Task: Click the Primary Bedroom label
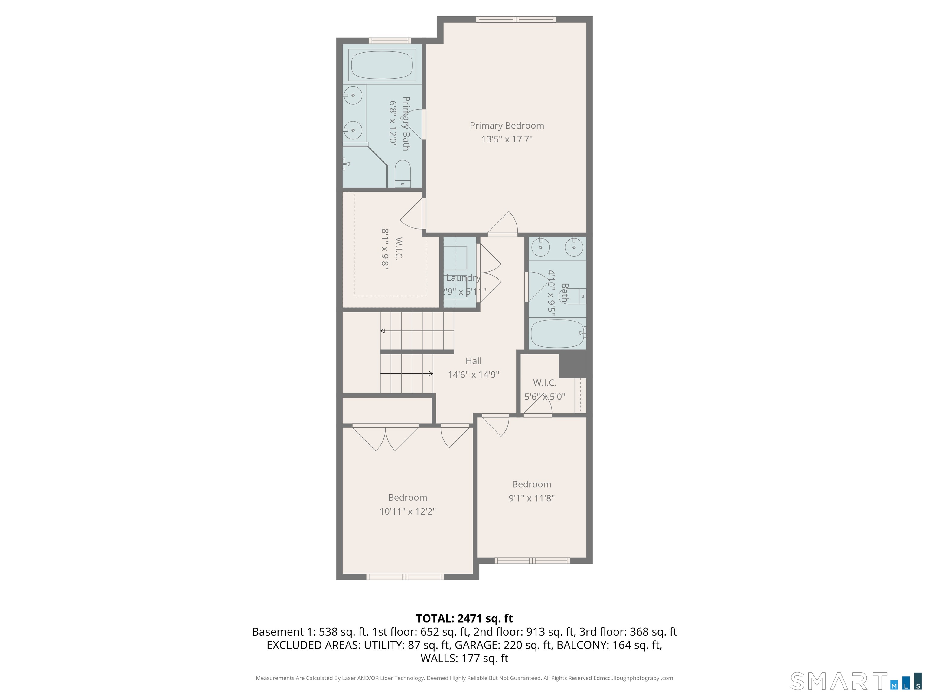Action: [x=507, y=126]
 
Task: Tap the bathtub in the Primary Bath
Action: [x=382, y=65]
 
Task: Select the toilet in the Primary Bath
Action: [x=403, y=174]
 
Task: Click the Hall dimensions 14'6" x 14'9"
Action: [x=473, y=374]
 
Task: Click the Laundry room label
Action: [x=463, y=278]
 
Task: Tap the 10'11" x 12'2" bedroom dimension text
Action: [x=407, y=511]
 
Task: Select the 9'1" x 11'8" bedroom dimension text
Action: [x=531, y=498]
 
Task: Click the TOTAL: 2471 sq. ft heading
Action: [x=464, y=618]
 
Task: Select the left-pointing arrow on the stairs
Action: [x=417, y=331]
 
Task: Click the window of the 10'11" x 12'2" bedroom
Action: [x=405, y=577]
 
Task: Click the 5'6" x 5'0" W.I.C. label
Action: [x=545, y=383]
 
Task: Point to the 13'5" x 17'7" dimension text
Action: [x=507, y=139]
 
